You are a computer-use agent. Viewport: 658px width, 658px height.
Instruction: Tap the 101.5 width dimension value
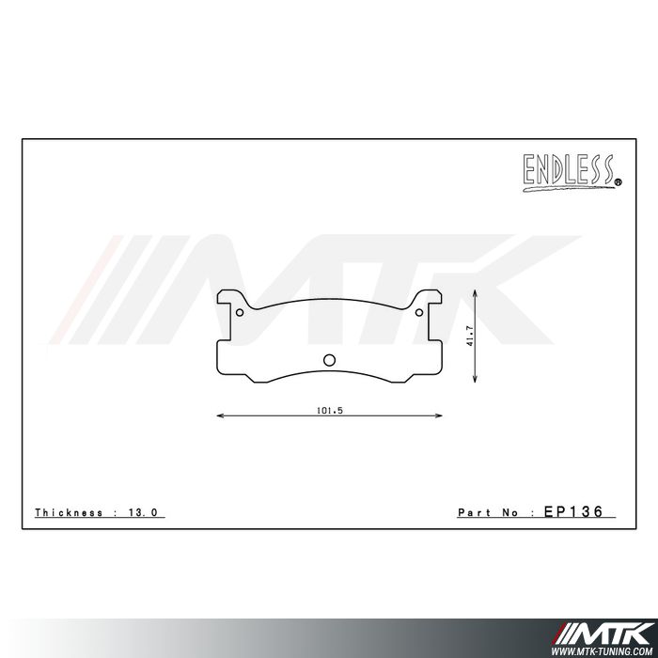tap(328, 409)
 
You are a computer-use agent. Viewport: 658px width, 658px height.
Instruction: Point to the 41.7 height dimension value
tap(468, 337)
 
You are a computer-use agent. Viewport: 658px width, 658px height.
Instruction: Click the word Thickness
tap(69, 513)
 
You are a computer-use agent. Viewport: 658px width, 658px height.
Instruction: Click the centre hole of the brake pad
tap(329, 359)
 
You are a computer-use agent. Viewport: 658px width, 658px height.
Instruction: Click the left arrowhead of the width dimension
tap(221, 415)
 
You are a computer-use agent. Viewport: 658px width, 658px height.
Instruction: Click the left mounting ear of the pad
tap(228, 300)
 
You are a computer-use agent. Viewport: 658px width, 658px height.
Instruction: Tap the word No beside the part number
tap(513, 513)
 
